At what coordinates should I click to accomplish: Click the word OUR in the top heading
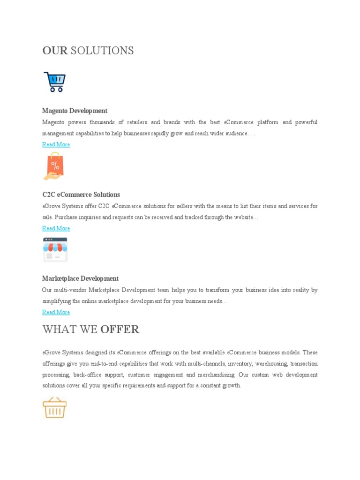tap(55, 51)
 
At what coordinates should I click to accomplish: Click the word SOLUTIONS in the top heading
tap(102, 51)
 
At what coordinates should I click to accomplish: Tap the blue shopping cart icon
tap(54, 82)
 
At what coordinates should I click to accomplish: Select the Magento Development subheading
tap(75, 111)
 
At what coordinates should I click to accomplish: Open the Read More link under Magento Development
tap(56, 144)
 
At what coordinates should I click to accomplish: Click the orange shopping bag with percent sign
tap(55, 165)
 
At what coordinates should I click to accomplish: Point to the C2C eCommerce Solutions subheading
tap(81, 195)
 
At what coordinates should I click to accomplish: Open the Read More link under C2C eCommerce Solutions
tap(56, 228)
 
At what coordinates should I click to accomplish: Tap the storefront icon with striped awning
tap(55, 249)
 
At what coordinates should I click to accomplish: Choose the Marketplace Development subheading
tap(80, 278)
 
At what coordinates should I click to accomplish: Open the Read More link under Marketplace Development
tap(56, 312)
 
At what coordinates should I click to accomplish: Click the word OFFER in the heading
tap(120, 330)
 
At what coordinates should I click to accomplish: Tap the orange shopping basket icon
tap(54, 408)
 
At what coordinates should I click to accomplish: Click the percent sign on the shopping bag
tap(55, 165)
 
